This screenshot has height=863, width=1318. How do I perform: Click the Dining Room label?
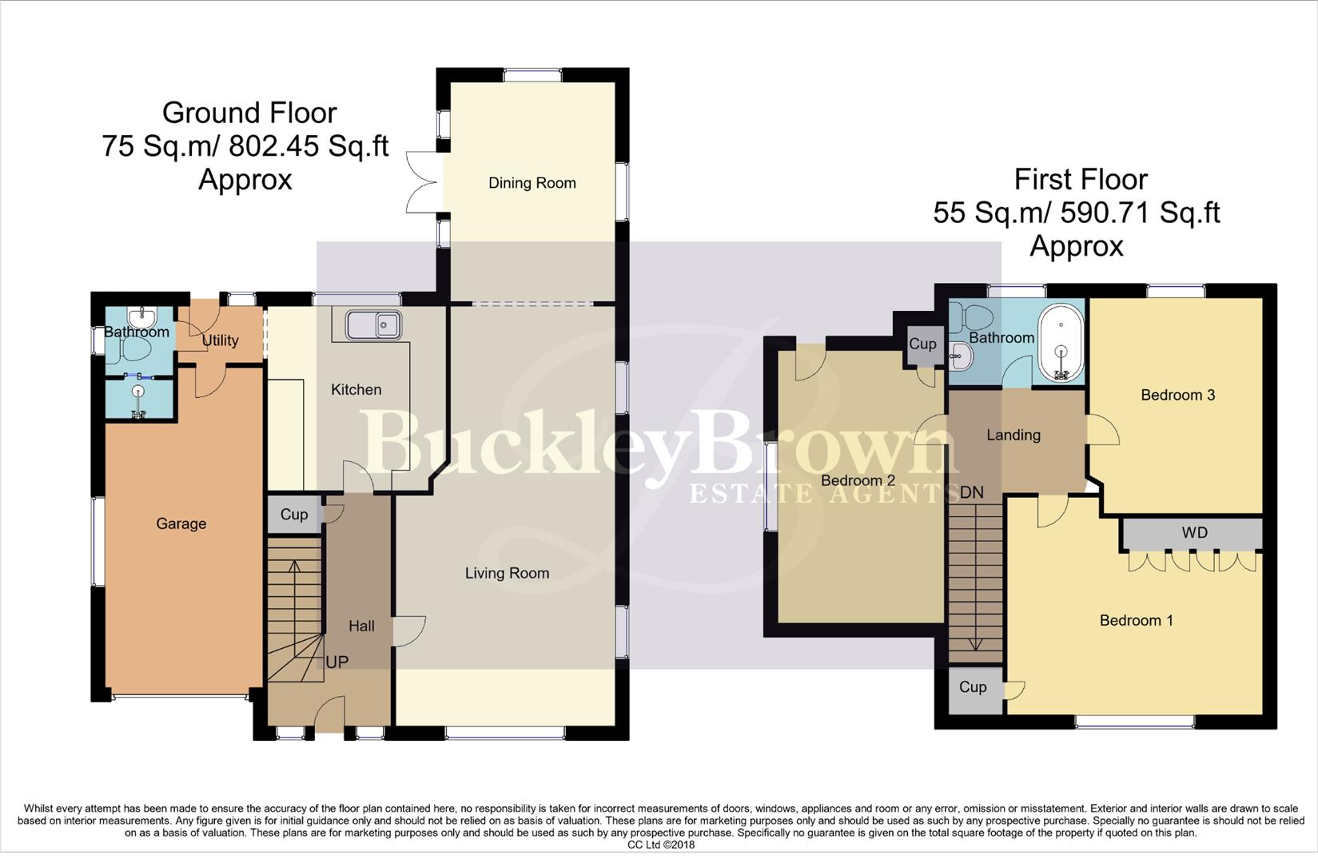tap(532, 183)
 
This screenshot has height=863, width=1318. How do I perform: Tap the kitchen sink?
tap(373, 325)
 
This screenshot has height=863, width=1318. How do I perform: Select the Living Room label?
tap(507, 573)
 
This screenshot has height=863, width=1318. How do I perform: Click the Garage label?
tap(181, 523)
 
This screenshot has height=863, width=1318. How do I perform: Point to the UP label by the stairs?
tap(336, 662)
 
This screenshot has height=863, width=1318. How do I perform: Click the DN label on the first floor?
tap(971, 492)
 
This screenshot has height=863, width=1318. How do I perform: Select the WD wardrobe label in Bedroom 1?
tap(1194, 533)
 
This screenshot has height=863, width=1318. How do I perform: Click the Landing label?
tap(1013, 435)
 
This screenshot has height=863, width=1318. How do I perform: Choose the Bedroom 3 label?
tap(1177, 395)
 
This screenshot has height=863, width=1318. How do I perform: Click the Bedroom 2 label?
tap(858, 480)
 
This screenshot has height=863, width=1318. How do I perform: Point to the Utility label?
tap(220, 340)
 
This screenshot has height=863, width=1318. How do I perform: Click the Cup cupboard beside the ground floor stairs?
tap(293, 515)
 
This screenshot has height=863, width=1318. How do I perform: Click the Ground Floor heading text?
tap(249, 113)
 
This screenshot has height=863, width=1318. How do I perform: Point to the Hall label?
tap(361, 626)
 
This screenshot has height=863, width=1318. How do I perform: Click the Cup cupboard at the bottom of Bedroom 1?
tap(973, 687)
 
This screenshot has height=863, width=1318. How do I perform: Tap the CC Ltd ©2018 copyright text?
tap(660, 845)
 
